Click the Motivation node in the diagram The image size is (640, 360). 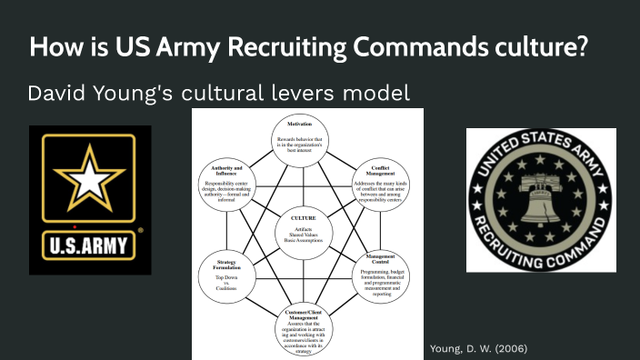pos(301,136)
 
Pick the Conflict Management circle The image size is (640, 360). pos(380,181)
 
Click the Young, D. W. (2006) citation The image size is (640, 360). pos(478,348)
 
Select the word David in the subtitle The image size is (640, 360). pos(56,93)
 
